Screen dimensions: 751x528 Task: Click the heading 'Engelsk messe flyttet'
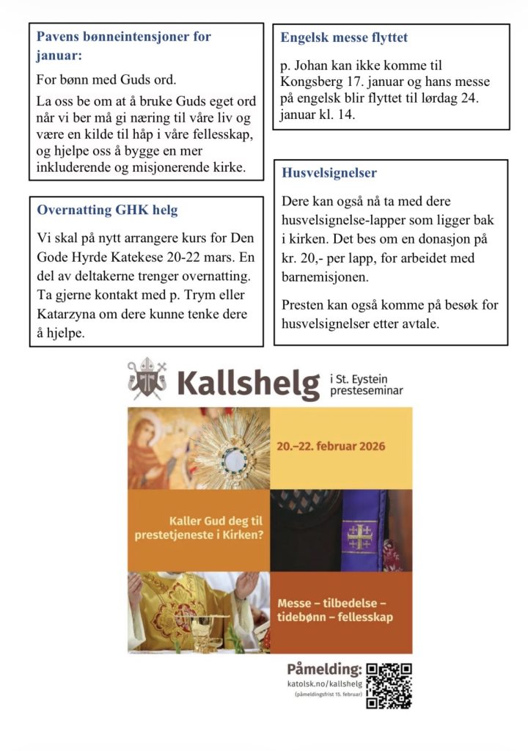click(344, 37)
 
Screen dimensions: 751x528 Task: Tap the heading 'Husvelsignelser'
click(329, 173)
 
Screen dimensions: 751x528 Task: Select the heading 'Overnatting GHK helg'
click(107, 210)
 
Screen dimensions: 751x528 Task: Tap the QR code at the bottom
click(389, 686)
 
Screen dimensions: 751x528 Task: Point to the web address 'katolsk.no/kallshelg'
click(324, 684)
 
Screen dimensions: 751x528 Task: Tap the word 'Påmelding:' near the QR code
click(325, 668)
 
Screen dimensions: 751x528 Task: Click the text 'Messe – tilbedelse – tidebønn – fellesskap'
click(334, 609)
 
